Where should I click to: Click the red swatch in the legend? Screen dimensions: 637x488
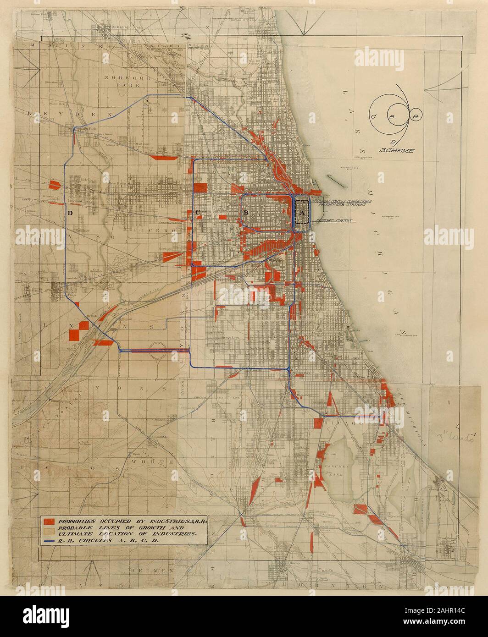[49, 521]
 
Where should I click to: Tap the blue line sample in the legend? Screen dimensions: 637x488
[48, 540]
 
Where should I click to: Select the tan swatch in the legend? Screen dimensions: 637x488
[49, 530]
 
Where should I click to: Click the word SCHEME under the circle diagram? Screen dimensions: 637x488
[397, 150]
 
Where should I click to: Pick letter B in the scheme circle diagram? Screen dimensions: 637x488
[392, 117]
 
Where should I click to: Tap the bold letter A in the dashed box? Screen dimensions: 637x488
[301, 213]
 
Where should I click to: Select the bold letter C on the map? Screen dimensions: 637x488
[198, 212]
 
